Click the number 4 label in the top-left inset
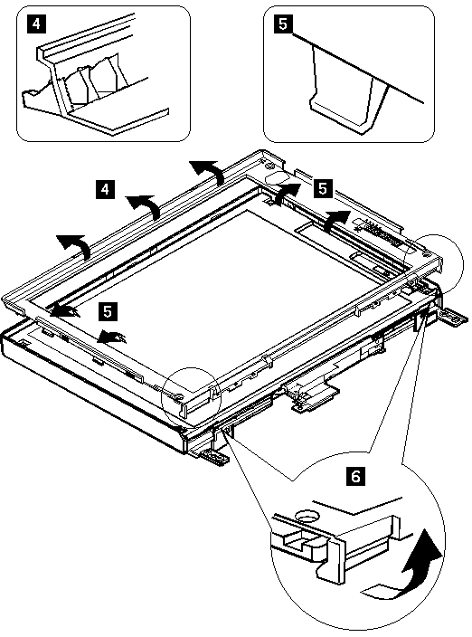click(36, 24)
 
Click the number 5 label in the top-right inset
click(283, 24)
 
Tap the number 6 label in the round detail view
click(355, 476)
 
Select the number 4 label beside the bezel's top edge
click(105, 189)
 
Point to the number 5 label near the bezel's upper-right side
click(323, 188)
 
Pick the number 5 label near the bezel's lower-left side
click(108, 311)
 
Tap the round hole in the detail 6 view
click(307, 517)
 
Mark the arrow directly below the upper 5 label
click(335, 220)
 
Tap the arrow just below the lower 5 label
click(111, 337)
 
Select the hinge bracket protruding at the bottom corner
click(214, 456)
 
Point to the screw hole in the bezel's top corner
click(269, 165)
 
